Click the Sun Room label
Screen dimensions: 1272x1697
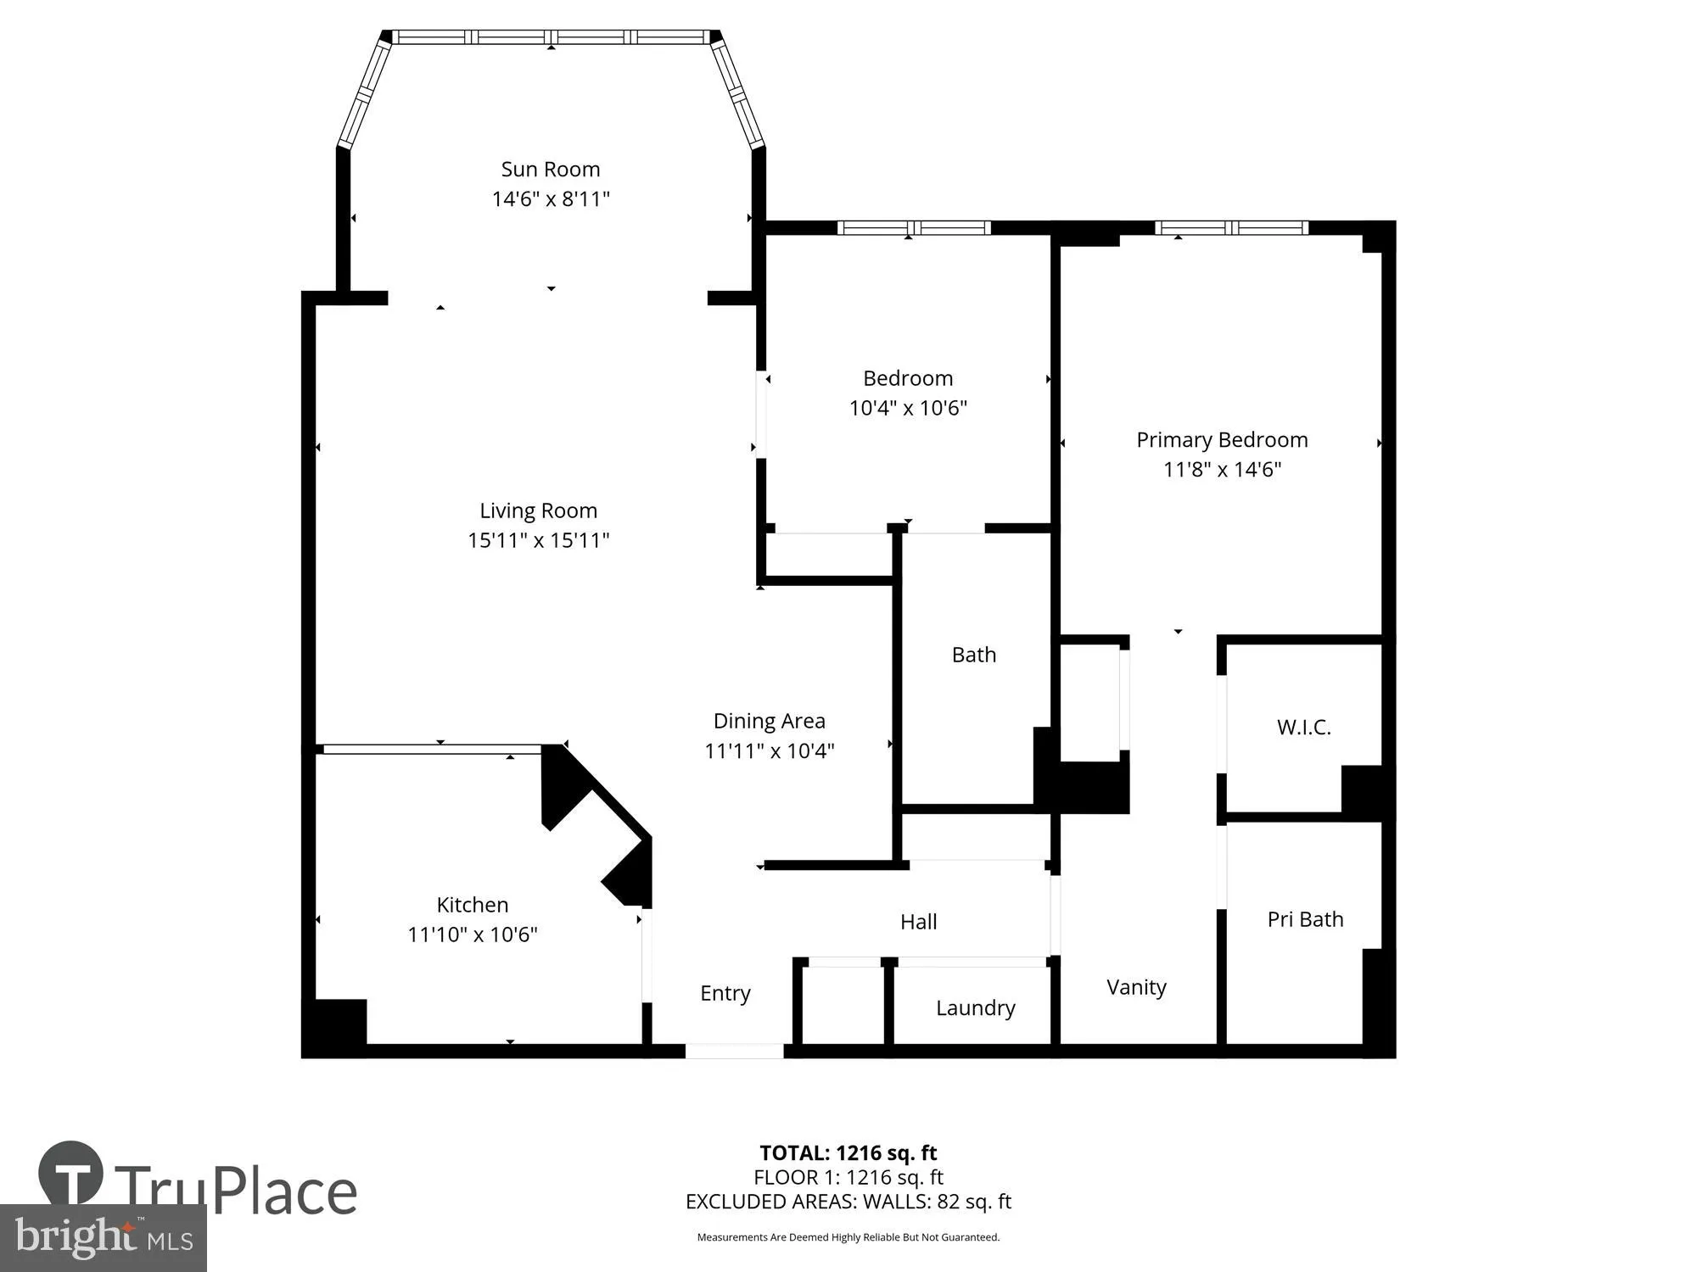550,170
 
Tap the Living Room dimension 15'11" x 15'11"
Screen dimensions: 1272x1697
538,540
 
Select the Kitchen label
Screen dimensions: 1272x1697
472,905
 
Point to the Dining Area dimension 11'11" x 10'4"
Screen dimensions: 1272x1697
769,750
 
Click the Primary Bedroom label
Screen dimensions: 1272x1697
1221,440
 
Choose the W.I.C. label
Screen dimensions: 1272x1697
1303,727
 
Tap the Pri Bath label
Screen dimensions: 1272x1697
1304,919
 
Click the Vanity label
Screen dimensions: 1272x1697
1135,987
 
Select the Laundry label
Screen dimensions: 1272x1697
975,1007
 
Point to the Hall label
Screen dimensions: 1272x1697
918,922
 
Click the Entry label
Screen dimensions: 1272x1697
725,993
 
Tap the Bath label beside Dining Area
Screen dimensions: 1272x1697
973,655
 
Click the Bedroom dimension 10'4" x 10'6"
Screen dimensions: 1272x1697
908,408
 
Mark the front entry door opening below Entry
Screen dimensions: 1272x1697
734,1052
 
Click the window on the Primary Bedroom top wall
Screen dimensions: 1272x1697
1230,227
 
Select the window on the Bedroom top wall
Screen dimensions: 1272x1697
913,227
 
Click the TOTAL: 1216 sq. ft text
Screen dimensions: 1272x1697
848,1153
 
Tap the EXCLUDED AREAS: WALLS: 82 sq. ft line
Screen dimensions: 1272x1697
848,1202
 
